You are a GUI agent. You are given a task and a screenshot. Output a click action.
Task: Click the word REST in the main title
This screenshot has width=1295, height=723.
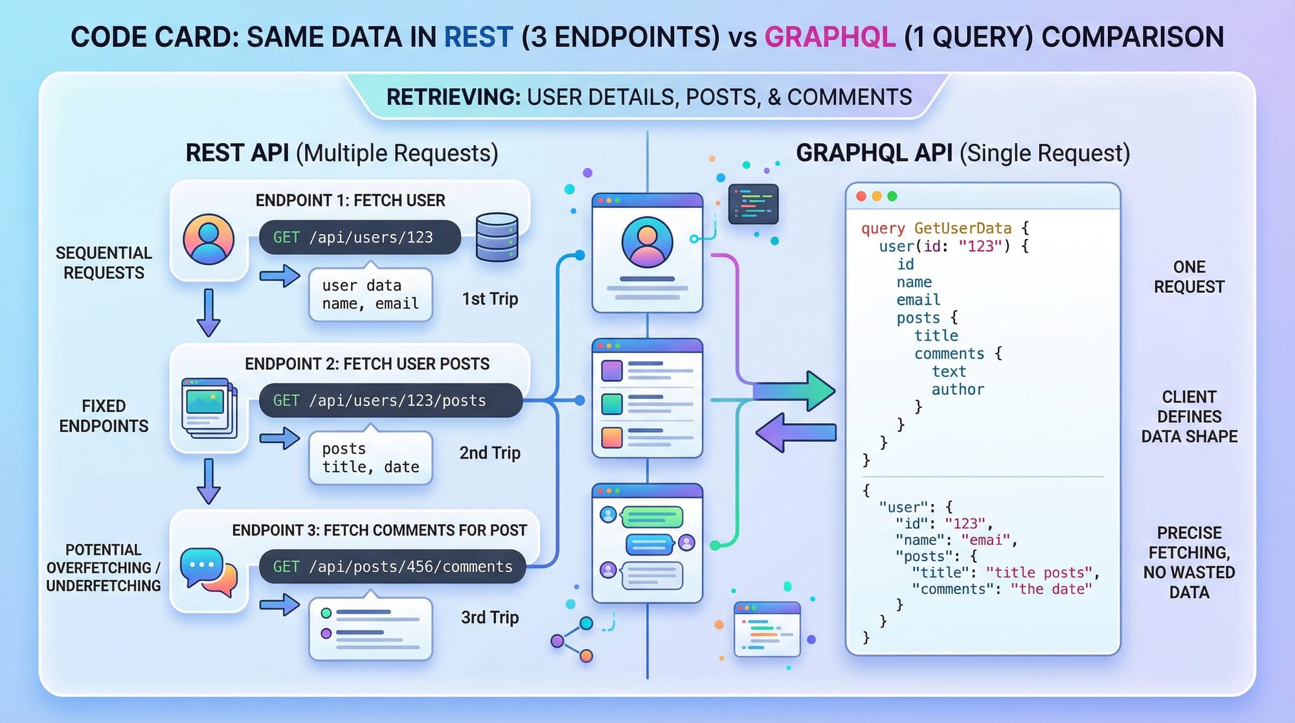(x=478, y=37)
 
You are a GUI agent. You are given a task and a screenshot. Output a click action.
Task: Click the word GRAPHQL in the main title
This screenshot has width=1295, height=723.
(x=830, y=37)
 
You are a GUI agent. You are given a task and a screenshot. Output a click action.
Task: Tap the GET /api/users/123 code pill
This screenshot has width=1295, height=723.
(x=359, y=237)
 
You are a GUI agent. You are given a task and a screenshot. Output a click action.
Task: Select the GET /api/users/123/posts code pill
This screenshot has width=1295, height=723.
(x=390, y=400)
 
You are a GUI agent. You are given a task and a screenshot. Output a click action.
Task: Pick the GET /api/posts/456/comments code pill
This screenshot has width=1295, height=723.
(x=392, y=567)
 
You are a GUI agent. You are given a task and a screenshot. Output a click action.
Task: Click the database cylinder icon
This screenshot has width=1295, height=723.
(x=497, y=237)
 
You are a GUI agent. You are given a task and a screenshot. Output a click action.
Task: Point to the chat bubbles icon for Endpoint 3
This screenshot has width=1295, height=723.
(x=208, y=572)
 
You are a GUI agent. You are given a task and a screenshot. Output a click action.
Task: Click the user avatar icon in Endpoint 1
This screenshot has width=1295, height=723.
(x=208, y=239)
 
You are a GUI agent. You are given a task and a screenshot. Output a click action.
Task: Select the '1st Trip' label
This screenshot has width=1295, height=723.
(x=490, y=299)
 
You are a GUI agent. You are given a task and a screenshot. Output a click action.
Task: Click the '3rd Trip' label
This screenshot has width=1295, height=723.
(x=490, y=617)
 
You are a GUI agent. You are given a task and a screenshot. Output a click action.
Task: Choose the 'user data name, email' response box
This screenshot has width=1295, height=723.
(x=370, y=295)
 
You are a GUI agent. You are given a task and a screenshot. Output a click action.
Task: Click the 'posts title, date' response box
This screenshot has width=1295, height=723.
(x=370, y=458)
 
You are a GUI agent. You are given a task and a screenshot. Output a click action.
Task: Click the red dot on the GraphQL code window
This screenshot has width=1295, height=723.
(x=861, y=196)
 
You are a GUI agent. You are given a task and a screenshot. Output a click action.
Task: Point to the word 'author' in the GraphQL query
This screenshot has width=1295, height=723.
(x=958, y=389)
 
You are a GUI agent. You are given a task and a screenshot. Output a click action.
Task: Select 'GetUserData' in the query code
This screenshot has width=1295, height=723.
(x=962, y=228)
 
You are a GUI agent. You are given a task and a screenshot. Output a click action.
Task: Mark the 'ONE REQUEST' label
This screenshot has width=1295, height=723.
(x=1189, y=277)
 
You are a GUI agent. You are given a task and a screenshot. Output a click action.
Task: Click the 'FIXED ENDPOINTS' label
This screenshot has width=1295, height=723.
(x=104, y=416)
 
